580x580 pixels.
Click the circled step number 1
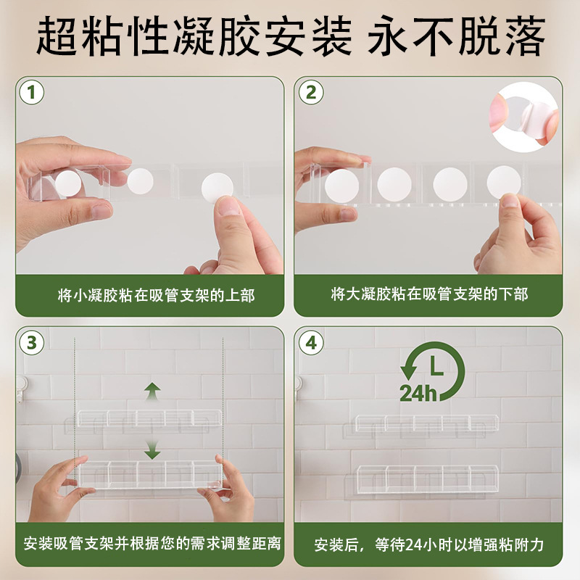point(31,92)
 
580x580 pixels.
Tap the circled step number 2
point(311,92)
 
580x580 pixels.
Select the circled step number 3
point(31,342)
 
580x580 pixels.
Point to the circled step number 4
point(311,342)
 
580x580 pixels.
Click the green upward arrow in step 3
point(152,391)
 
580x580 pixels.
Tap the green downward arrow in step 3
point(152,449)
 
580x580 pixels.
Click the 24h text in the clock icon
point(418,393)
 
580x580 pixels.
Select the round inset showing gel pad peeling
point(523,117)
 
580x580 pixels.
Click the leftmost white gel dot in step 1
point(68,183)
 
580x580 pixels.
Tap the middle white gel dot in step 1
point(140,181)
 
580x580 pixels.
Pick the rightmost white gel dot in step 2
point(504,183)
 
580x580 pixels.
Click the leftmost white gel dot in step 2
point(341,186)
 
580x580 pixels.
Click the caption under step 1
point(157,296)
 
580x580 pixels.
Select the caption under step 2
point(429,294)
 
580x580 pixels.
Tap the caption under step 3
point(152,544)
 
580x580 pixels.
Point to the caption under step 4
point(429,545)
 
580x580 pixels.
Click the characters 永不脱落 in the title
point(457,36)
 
